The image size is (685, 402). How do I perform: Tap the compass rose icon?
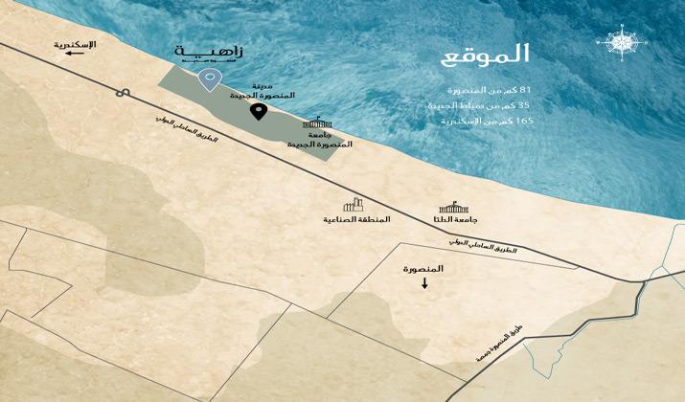tap(618, 43)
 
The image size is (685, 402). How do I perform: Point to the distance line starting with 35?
tap(489, 105)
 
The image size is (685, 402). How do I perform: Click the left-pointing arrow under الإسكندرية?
tap(72, 56)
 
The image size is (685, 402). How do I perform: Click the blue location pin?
tap(206, 79)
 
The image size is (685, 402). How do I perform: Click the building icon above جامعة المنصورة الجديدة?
tap(318, 123)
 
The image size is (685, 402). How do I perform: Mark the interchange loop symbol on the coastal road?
tap(124, 93)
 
